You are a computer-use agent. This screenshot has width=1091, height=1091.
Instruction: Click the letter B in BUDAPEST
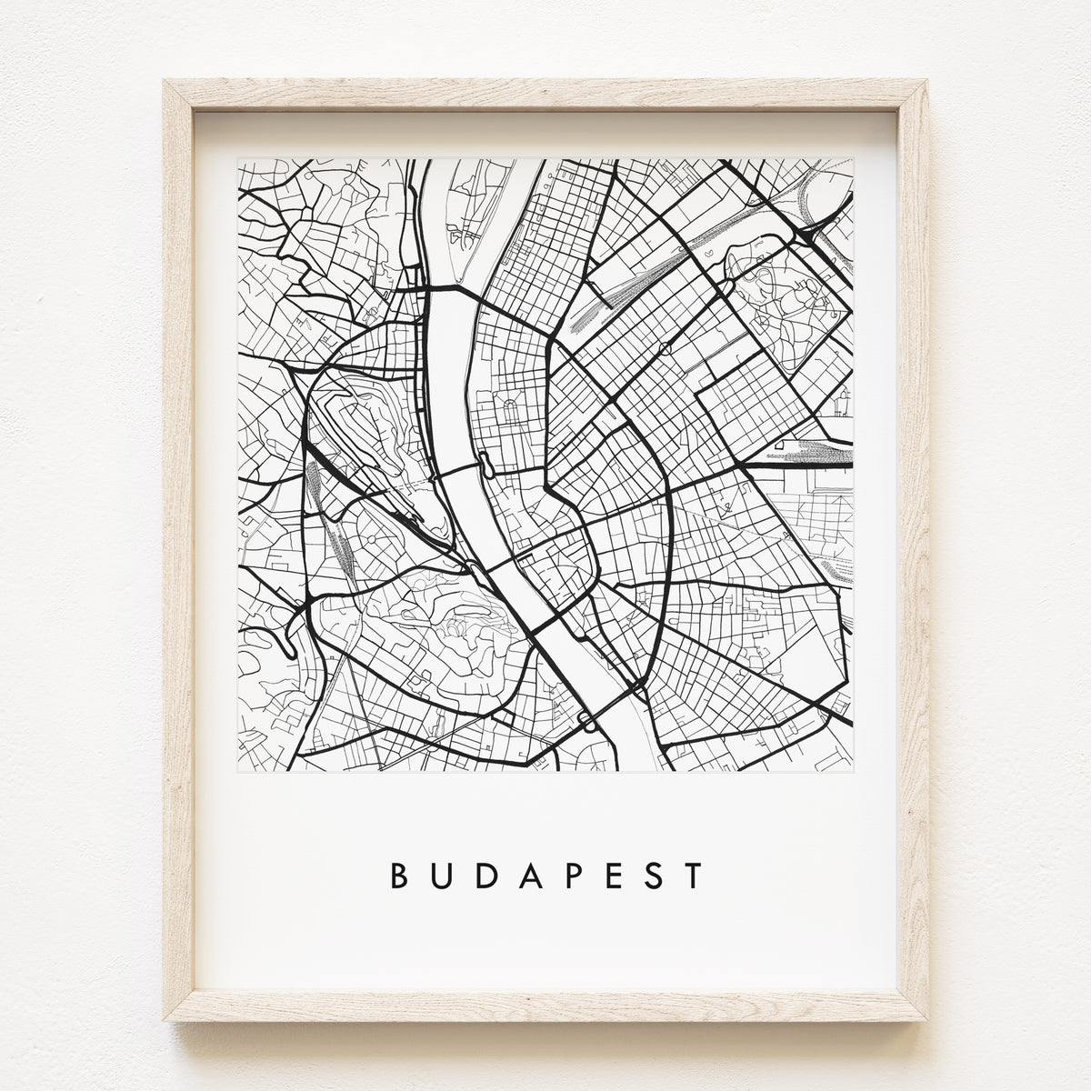[398, 875]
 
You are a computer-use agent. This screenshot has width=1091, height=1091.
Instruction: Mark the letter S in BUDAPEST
[653, 875]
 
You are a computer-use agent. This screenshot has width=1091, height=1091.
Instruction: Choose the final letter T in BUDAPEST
[695, 875]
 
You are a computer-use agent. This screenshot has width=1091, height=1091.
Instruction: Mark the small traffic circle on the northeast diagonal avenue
[666, 347]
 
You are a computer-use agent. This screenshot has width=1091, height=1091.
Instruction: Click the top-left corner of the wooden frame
[165, 82]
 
